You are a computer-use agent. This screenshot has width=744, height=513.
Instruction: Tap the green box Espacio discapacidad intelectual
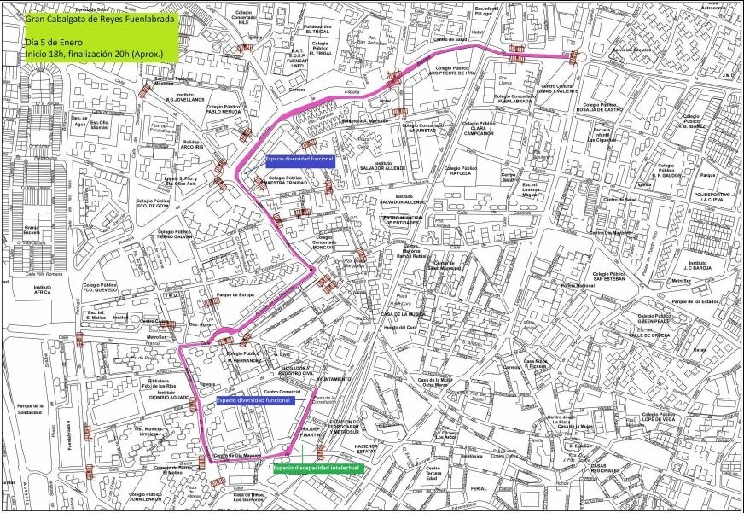(x=318, y=468)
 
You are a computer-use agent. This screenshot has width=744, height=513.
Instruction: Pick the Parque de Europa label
(x=235, y=294)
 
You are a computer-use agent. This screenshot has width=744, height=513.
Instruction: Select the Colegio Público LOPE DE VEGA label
(x=666, y=417)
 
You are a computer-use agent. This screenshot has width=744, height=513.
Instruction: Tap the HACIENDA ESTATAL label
(x=367, y=449)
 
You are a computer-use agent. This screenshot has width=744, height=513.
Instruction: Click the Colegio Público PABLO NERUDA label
(x=224, y=108)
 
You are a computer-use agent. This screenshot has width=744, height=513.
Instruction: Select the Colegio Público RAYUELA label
(x=462, y=171)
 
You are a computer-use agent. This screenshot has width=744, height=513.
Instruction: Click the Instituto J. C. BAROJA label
(x=697, y=265)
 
